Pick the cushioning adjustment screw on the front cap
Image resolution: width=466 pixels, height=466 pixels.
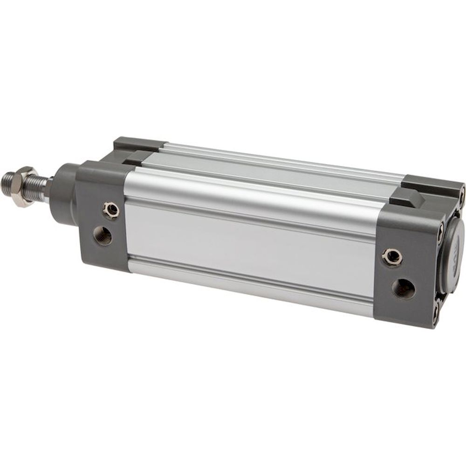pyautogui.click(x=111, y=210)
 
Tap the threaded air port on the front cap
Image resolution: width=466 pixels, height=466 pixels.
pyautogui.click(x=103, y=235)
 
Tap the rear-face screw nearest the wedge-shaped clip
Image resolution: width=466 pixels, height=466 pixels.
pyautogui.click(x=440, y=228)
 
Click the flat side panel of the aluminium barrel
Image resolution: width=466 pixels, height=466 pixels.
pyautogui.click(x=247, y=242)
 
